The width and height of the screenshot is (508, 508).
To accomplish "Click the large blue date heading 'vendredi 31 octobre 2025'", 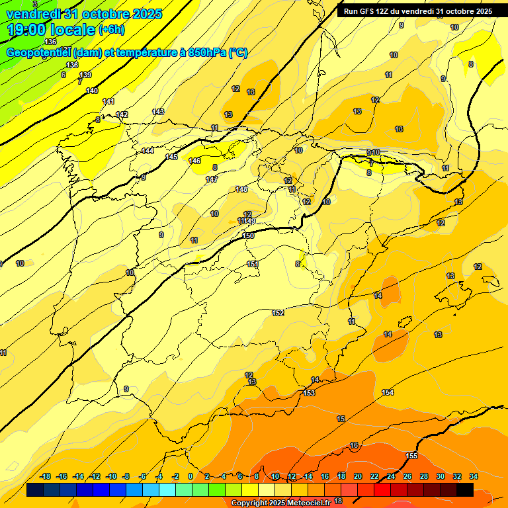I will pyautogui.click(x=83, y=14).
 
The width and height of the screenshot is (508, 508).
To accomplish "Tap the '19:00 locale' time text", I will pyautogui.click(x=51, y=30).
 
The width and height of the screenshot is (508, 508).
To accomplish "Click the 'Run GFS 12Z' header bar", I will pyautogui.click(x=417, y=11).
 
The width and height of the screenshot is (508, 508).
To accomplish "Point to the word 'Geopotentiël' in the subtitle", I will pyautogui.click(x=38, y=53).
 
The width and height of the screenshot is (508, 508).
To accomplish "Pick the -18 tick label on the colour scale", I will pyautogui.click(x=46, y=476).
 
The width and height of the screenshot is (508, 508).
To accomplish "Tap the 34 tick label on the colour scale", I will pyautogui.click(x=473, y=476).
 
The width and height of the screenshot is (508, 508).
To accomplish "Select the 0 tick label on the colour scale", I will pyautogui.click(x=190, y=476).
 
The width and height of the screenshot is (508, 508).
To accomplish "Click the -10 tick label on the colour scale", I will pyautogui.click(x=111, y=476).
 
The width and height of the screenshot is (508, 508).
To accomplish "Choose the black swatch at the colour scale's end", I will pyautogui.click(x=465, y=489).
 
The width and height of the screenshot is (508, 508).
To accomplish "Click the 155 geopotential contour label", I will pyautogui.click(x=411, y=456).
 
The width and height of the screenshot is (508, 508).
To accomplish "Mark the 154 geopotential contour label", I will pyautogui.click(x=388, y=392).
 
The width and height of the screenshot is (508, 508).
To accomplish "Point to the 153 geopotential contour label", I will pyautogui.click(x=309, y=393).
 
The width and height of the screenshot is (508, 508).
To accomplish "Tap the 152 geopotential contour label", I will pyautogui.click(x=278, y=313).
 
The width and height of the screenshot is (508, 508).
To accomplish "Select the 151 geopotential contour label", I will pyautogui.click(x=253, y=264).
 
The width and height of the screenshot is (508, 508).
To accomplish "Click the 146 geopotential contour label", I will pyautogui.click(x=194, y=161).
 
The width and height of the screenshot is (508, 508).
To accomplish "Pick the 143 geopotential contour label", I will pyautogui.click(x=158, y=112).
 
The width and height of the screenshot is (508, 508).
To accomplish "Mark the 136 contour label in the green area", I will pyautogui.click(x=51, y=42).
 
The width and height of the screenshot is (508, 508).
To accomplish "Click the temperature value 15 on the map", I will pyautogui.click(x=341, y=419).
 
